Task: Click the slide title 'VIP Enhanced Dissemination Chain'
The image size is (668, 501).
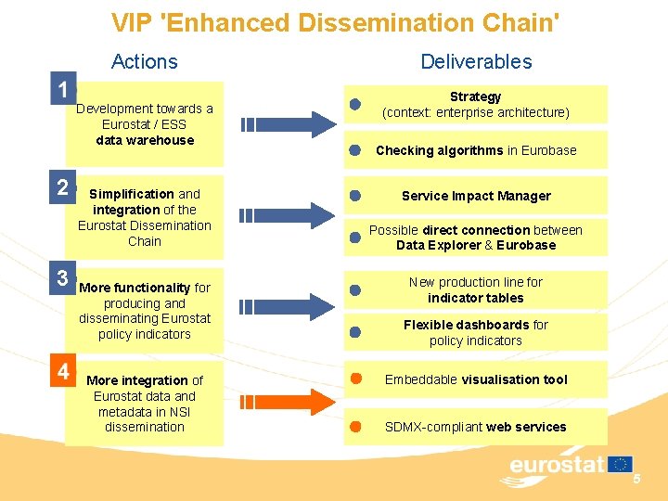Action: pos(335,21)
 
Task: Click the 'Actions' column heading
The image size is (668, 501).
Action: pos(144,62)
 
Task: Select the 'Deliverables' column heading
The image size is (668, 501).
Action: pos(476,62)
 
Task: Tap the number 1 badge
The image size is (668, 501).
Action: pos(62,91)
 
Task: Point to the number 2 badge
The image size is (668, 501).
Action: pos(62,187)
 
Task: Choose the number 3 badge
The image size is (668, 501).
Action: pos(62,277)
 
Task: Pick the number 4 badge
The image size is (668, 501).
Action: pos(62,372)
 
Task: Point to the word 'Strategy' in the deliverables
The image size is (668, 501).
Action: pos(475,96)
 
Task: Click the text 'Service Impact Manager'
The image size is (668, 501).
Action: pos(476,196)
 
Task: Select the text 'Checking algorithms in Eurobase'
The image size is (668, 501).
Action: pos(476,150)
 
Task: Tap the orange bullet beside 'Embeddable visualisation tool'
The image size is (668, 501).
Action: pos(354,379)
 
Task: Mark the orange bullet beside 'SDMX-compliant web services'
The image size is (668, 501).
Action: pos(354,427)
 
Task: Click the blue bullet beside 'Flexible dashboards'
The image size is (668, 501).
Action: pos(354,331)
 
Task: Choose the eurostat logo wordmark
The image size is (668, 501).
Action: pos(556,465)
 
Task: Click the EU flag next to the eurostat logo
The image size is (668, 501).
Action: pos(621,463)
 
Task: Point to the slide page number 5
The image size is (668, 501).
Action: pos(636,479)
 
